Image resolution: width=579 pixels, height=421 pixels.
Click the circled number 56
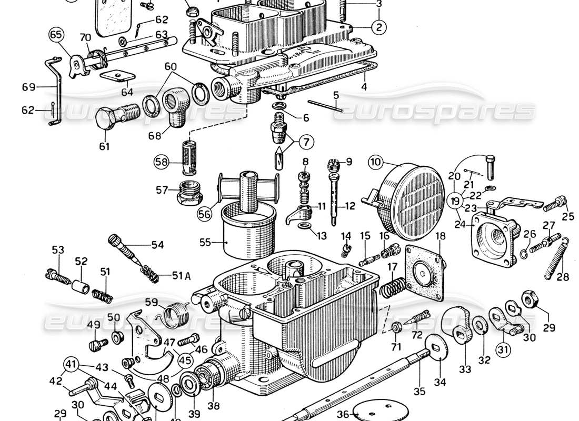click(204, 213)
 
